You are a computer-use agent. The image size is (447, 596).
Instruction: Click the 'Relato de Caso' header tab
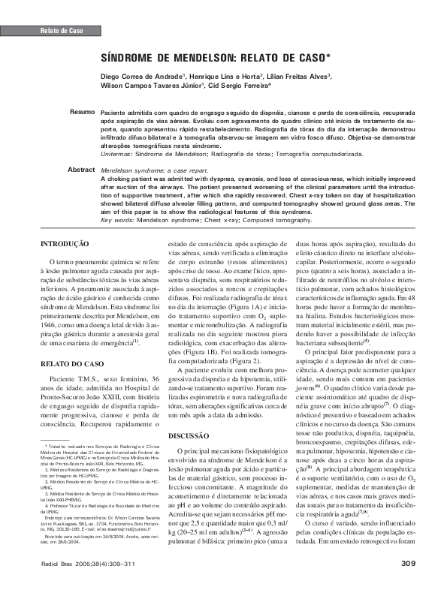(60, 31)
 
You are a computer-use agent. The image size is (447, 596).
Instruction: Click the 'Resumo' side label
(82, 111)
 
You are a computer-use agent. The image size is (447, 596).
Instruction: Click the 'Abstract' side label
(81, 170)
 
